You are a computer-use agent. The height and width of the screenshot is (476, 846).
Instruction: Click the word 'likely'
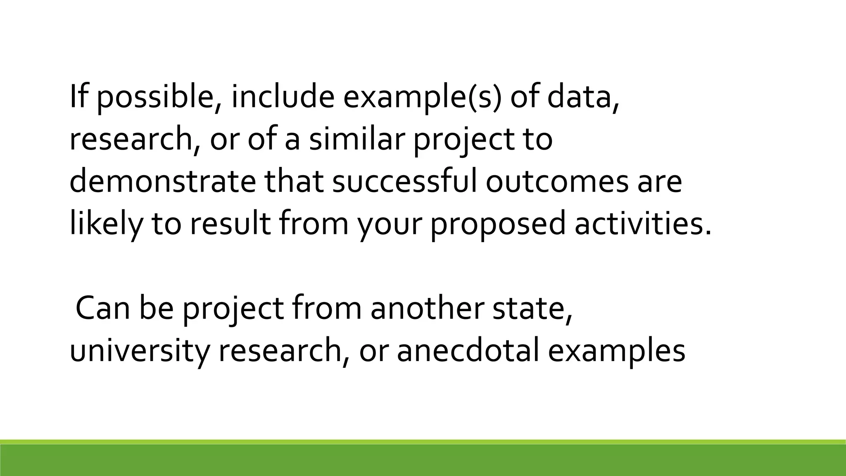pos(106,224)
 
